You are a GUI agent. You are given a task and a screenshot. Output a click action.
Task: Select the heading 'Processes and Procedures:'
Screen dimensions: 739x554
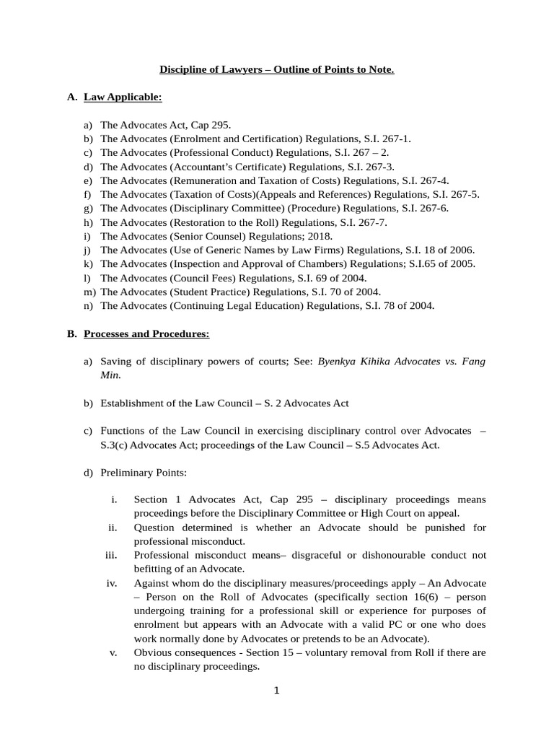[146, 334]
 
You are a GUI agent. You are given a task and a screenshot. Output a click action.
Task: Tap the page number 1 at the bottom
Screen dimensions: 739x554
[276, 690]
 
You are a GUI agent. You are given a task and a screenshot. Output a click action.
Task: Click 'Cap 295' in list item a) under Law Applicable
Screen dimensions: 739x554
[209, 125]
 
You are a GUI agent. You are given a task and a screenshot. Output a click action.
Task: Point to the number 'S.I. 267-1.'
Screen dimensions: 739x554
[385, 139]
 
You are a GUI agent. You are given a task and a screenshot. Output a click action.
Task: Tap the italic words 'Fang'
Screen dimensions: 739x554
[473, 362]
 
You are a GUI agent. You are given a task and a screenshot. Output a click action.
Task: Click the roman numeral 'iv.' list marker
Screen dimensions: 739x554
[112, 583]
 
